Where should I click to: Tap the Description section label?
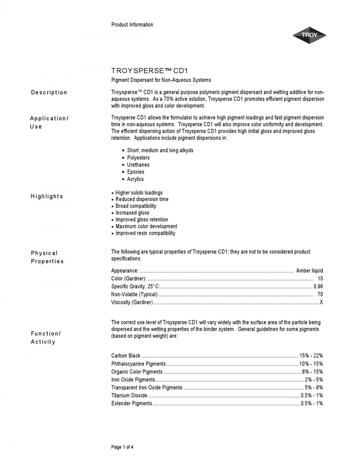pyautogui.click(x=49, y=92)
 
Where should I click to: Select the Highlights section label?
pyautogui.click(x=47, y=196)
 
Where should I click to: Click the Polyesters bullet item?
pyautogui.click(x=138, y=158)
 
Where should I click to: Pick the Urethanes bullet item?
pyautogui.click(x=138, y=165)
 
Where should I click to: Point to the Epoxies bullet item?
pyautogui.click(x=136, y=172)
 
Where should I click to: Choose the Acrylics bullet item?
pyautogui.click(x=135, y=179)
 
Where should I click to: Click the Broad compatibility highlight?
pyautogui.click(x=136, y=206)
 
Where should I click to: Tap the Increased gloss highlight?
pyautogui.click(x=132, y=213)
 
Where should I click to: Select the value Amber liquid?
pyautogui.click(x=309, y=271)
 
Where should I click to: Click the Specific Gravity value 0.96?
pyautogui.click(x=318, y=286)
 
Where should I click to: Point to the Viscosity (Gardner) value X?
pyautogui.click(x=321, y=302)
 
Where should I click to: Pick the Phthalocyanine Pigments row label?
pyautogui.click(x=138, y=364)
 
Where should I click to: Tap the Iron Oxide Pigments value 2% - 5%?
pyautogui.click(x=314, y=380)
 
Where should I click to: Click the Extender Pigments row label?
pyautogui.click(x=132, y=403)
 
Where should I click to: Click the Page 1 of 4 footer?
pyautogui.click(x=122, y=447)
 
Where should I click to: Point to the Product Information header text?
pyautogui.click(x=132, y=25)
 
